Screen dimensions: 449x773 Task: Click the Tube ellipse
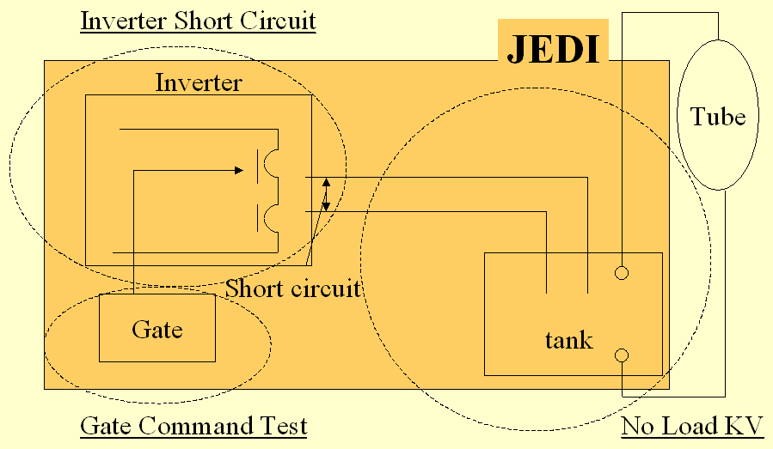click(719, 116)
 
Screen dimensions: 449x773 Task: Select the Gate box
click(157, 327)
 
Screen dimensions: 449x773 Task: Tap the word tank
click(568, 340)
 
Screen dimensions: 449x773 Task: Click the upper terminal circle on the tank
click(622, 273)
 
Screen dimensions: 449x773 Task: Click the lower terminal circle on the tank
click(622, 355)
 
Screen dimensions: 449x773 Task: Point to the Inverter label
click(199, 82)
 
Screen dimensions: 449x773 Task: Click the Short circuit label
click(293, 288)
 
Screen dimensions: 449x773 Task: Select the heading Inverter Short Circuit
click(198, 21)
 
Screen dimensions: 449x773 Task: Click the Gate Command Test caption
click(193, 426)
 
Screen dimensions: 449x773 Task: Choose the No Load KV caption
click(692, 426)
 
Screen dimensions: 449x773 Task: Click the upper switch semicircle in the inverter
click(272, 164)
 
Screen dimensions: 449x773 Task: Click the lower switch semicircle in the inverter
click(272, 217)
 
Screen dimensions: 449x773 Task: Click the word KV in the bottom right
click(745, 426)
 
